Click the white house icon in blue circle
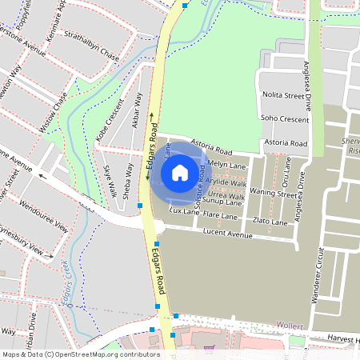pos(180,172)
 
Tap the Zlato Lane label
pos(270,220)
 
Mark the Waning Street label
pos(272,193)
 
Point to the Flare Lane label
pos(221,216)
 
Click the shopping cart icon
pos(210,349)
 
